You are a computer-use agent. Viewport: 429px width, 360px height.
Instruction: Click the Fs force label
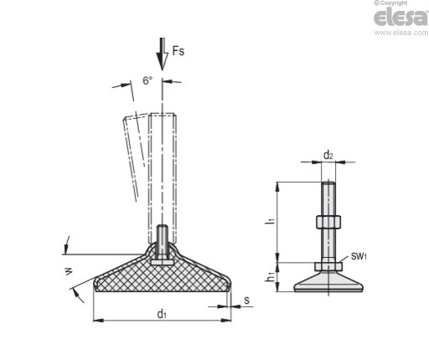click(178, 51)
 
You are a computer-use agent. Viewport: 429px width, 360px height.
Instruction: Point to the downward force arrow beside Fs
click(162, 54)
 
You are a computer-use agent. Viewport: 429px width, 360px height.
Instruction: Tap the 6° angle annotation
click(147, 80)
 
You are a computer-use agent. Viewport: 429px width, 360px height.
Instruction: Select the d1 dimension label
click(162, 314)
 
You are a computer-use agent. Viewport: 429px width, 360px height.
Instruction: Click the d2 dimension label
click(328, 155)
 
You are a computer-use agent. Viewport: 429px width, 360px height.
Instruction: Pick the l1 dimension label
click(270, 219)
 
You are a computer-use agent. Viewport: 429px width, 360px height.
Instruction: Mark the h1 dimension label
click(270, 277)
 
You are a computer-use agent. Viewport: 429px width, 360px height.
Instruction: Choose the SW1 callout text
click(359, 256)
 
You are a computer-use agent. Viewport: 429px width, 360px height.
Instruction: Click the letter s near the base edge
click(246, 301)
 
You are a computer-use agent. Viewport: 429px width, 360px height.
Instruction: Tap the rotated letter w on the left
click(69, 271)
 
